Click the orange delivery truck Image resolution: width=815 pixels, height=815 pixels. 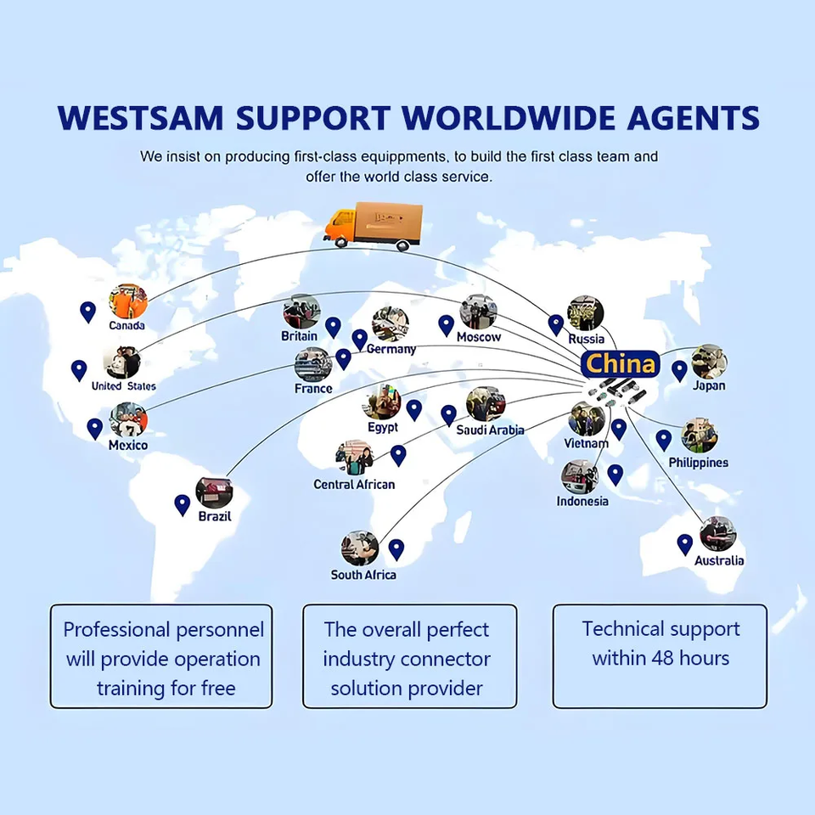374,226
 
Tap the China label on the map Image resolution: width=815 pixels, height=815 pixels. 621,364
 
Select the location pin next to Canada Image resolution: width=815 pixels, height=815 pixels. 87,312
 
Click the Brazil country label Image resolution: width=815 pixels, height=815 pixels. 214,516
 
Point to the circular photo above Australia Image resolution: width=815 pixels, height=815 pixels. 717,534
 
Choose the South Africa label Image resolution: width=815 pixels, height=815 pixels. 363,575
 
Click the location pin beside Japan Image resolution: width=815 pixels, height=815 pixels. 679,370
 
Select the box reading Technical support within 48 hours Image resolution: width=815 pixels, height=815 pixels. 660,655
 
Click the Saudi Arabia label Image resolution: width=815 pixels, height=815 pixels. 490,430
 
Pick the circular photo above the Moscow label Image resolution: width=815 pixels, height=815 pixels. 478,312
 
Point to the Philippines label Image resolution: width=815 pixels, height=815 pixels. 698,463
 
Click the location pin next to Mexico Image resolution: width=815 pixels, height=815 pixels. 94,429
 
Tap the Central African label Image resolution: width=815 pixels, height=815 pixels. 354,485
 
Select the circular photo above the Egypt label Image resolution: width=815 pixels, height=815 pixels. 385,402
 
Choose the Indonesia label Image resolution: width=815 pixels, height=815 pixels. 582,501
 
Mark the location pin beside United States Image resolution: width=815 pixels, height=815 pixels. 79,370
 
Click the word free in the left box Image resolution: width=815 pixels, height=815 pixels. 216,688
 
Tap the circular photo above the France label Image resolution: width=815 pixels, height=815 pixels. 312,364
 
